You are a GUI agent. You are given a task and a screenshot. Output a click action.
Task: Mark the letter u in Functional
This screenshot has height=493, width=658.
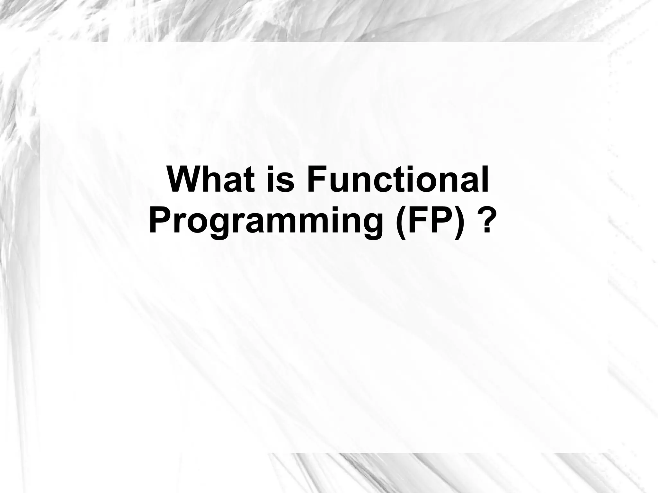[x=338, y=183]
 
